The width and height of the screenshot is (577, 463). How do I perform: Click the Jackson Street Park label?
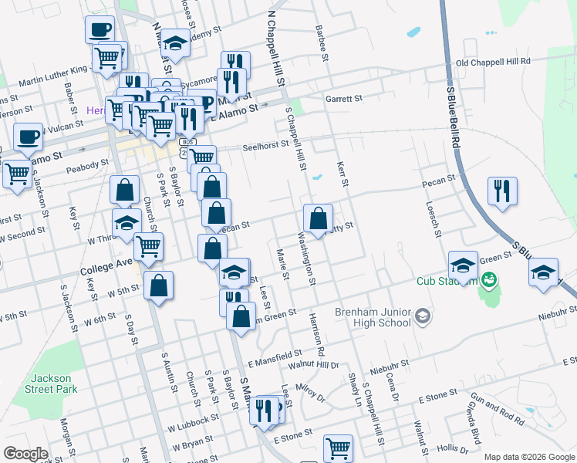tap(52, 384)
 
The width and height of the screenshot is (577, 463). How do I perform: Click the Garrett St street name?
tap(343, 99)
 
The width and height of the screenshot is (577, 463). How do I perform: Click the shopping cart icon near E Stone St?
tap(338, 448)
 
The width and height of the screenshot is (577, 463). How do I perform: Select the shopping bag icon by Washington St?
tap(318, 218)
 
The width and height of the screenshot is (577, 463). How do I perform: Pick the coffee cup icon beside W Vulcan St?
tap(29, 137)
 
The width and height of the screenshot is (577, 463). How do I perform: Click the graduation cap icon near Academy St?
tap(176, 44)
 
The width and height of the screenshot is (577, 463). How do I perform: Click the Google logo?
tap(25, 453)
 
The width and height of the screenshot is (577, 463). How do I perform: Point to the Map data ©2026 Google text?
tap(528, 457)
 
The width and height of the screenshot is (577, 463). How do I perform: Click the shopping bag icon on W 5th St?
tap(158, 286)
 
